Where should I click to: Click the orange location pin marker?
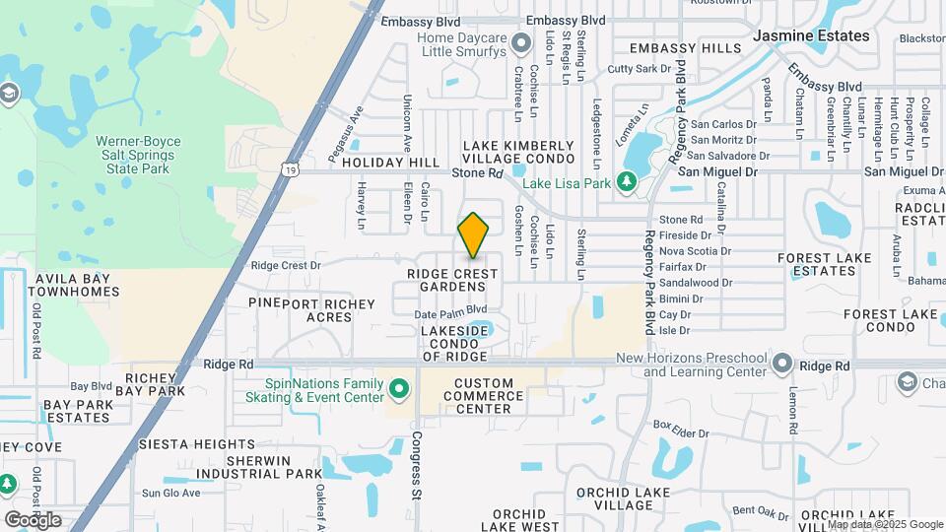click(x=473, y=235)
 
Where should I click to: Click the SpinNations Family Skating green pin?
click(x=399, y=390)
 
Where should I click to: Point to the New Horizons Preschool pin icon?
click(x=782, y=364)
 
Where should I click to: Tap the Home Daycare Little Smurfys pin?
click(x=405, y=44)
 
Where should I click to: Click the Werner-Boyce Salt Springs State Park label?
click(x=138, y=155)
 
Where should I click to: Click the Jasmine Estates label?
click(x=811, y=35)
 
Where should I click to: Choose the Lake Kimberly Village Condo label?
click(x=518, y=152)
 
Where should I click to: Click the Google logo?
click(x=33, y=519)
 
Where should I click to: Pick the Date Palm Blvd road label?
click(x=447, y=314)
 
